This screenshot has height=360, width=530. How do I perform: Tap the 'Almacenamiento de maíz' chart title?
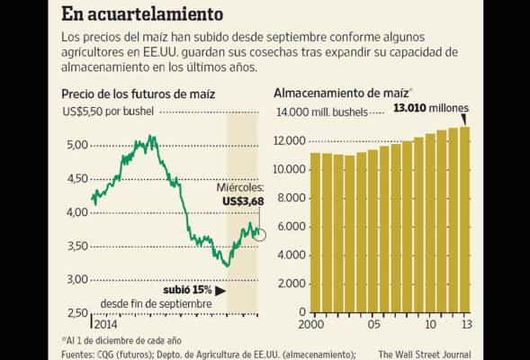(x=341, y=93)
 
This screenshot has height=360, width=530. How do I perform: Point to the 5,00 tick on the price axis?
(x=77, y=145)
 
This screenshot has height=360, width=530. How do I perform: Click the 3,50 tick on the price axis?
(x=77, y=246)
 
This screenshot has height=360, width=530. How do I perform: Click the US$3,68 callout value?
(x=241, y=201)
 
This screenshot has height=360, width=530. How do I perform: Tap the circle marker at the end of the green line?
(x=260, y=234)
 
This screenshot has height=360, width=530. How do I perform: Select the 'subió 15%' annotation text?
(x=187, y=291)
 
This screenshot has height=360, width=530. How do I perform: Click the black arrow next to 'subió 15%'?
(x=220, y=291)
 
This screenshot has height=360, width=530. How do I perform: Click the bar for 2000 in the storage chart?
(x=315, y=233)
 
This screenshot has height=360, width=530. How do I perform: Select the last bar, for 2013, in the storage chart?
(x=464, y=220)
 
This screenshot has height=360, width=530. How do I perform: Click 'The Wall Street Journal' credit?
(x=429, y=354)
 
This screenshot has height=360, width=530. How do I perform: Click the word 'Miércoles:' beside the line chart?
(x=240, y=187)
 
